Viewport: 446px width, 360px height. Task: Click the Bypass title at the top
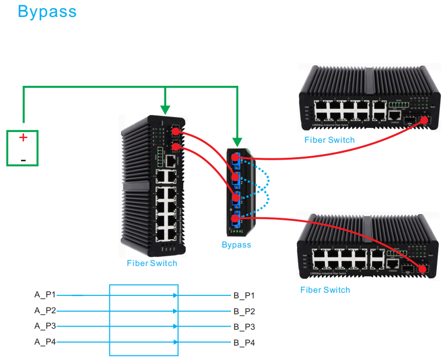(47, 11)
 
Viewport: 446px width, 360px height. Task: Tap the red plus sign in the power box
(23, 138)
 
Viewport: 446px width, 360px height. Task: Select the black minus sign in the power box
(23, 160)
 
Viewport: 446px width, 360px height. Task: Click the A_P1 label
(45, 295)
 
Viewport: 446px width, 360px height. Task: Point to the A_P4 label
(45, 342)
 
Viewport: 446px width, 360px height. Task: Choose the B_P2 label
(244, 311)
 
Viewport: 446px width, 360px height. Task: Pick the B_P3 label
(244, 327)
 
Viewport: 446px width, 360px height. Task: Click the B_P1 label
(244, 296)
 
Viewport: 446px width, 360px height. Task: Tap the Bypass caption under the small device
(236, 245)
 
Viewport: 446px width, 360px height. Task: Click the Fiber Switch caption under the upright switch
(152, 263)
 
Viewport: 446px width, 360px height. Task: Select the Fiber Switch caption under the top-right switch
(329, 140)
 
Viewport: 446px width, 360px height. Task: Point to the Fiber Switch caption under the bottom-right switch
(325, 290)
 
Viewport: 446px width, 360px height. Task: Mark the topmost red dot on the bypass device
(236, 157)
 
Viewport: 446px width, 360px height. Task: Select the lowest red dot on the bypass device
(236, 219)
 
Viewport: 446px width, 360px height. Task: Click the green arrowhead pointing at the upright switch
(165, 110)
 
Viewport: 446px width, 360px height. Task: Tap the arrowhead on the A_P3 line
(176, 327)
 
